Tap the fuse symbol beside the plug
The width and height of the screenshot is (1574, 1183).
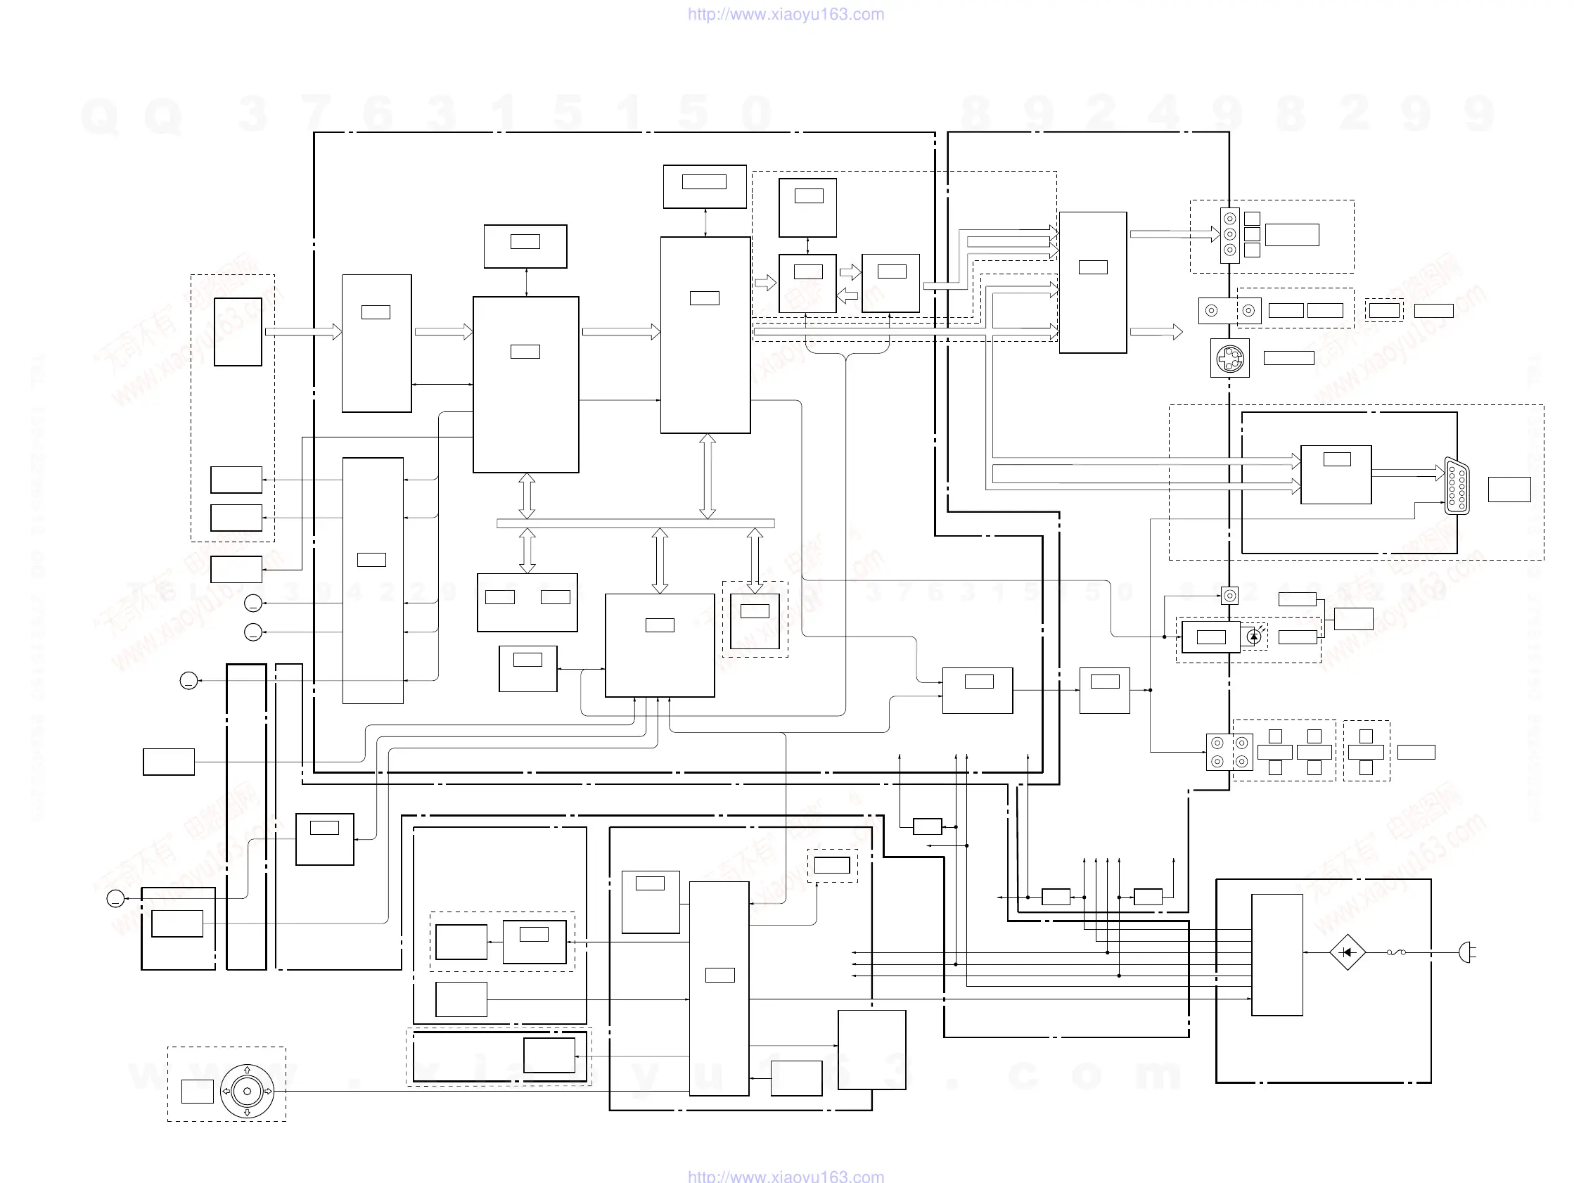point(1396,952)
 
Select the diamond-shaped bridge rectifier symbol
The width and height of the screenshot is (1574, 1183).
point(1347,952)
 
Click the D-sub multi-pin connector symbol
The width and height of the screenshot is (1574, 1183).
point(1457,486)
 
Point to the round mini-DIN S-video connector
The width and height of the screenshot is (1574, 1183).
point(1229,358)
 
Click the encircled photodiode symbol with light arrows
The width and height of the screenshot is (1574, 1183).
point(1254,637)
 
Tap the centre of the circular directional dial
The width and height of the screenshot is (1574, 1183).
point(247,1091)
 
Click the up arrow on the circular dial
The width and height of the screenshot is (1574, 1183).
point(247,1070)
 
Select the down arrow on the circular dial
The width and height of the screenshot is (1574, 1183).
point(247,1113)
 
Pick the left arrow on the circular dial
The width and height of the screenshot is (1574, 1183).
point(226,1091)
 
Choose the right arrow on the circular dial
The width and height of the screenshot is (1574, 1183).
point(268,1091)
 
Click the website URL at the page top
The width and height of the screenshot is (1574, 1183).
point(786,14)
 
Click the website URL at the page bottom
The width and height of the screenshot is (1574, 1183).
point(786,1176)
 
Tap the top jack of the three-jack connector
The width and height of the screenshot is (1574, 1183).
point(1229,219)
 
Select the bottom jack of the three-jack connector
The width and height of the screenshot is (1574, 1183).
point(1229,250)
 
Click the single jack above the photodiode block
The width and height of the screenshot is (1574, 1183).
point(1229,595)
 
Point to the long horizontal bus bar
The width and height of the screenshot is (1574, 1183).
point(635,523)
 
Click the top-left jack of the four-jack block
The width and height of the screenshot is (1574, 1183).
point(1217,743)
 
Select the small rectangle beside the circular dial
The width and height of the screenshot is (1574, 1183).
point(197,1091)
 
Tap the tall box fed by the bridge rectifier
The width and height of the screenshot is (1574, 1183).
point(1277,954)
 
